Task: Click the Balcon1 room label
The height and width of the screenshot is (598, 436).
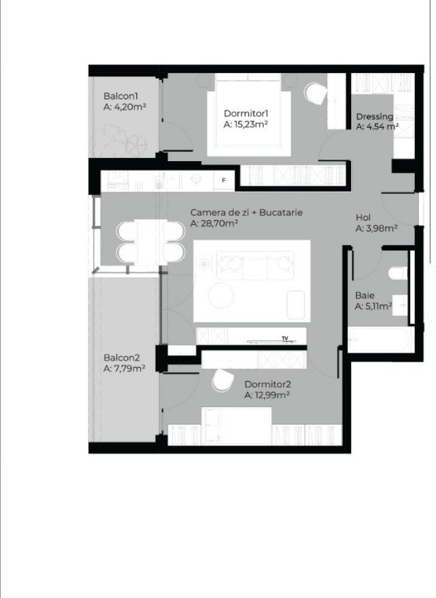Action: (121, 96)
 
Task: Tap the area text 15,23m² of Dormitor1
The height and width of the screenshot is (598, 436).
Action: (251, 125)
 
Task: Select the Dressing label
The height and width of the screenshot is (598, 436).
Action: (374, 116)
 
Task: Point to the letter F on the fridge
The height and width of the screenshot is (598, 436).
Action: (224, 180)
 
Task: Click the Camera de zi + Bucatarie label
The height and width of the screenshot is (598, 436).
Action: (247, 213)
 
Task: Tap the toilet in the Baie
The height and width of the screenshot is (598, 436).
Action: (398, 273)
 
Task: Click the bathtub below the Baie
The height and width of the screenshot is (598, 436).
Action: (379, 339)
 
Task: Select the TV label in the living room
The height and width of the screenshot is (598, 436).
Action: (285, 338)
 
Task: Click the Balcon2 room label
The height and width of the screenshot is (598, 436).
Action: (121, 357)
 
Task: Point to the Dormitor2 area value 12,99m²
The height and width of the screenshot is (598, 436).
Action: (272, 395)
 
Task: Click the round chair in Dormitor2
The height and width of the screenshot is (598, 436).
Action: (223, 380)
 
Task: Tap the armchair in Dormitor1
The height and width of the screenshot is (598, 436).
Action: (316, 93)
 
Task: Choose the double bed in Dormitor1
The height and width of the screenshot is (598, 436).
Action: (248, 114)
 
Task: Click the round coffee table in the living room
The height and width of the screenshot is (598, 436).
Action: (221, 296)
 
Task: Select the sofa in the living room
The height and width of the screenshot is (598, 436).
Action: (255, 265)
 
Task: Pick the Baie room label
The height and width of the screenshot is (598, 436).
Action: (364, 295)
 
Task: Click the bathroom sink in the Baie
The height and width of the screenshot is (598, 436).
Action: (399, 305)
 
